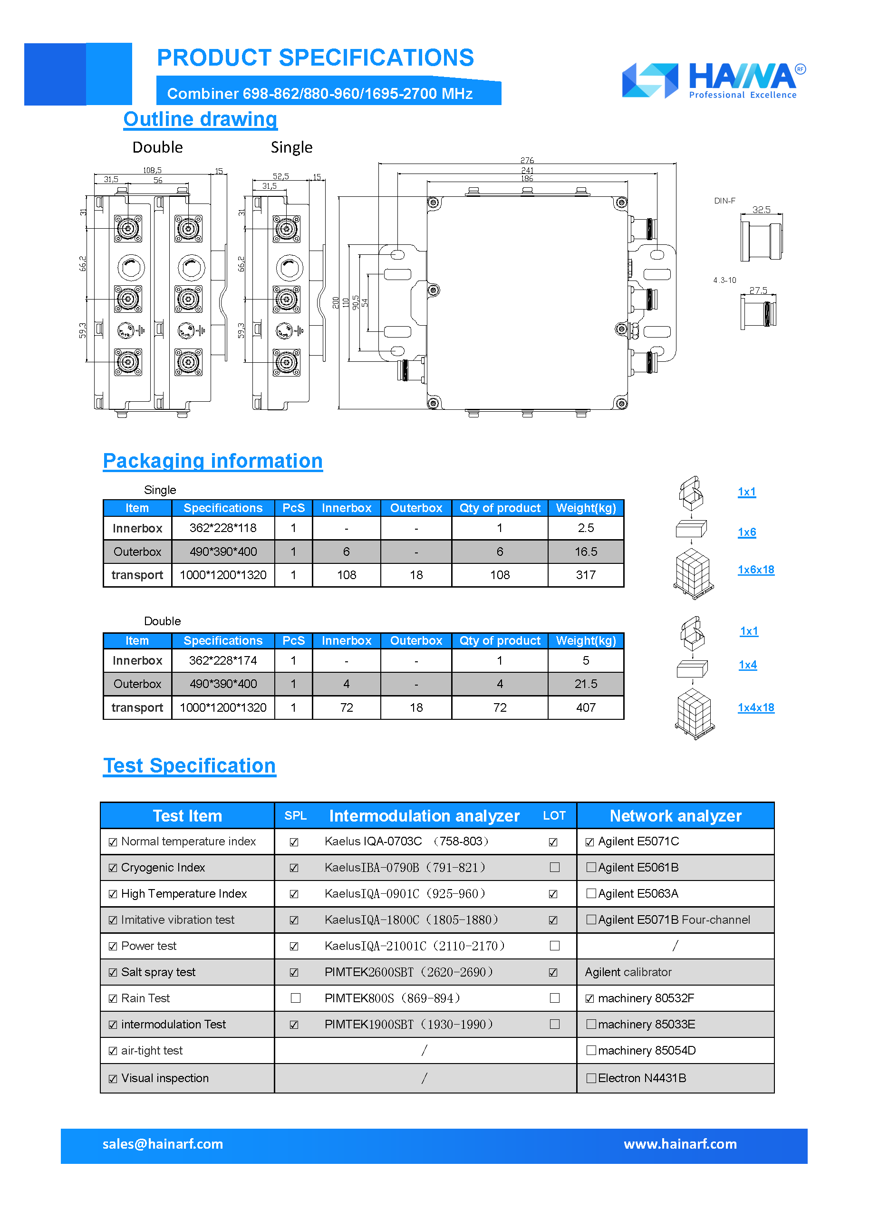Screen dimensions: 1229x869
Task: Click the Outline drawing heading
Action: pyautogui.click(x=200, y=119)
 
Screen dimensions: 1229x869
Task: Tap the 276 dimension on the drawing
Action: pyautogui.click(x=527, y=160)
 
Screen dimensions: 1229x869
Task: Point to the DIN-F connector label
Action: pyautogui.click(x=724, y=201)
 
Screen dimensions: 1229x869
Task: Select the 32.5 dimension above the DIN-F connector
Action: pyautogui.click(x=761, y=209)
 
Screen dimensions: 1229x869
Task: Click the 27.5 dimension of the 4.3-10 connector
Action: pyautogui.click(x=758, y=290)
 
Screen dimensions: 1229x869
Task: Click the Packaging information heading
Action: pyautogui.click(x=212, y=461)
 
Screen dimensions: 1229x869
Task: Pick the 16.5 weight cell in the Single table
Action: pyautogui.click(x=585, y=552)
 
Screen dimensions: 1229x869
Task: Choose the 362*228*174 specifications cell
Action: pyautogui.click(x=222, y=660)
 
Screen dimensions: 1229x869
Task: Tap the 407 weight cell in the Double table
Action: pyautogui.click(x=585, y=707)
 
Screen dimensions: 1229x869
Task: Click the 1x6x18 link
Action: pyautogui.click(x=755, y=570)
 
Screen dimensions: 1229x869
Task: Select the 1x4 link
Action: pyautogui.click(x=747, y=665)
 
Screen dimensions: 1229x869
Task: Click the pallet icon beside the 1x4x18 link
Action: pyautogui.click(x=694, y=714)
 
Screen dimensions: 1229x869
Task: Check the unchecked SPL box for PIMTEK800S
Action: pyautogui.click(x=295, y=998)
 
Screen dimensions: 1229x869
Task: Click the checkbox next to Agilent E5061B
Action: pyautogui.click(x=591, y=867)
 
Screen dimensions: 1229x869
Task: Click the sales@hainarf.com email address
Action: pyautogui.click(x=163, y=1144)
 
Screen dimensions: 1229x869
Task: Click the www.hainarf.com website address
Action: pyautogui.click(x=680, y=1144)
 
